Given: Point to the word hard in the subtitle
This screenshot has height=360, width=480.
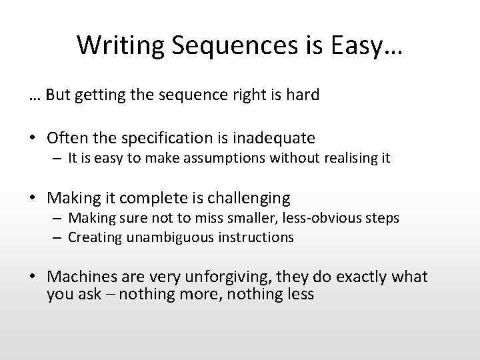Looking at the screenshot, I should (x=303, y=95).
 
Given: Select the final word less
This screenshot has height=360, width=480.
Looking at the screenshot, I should (x=299, y=294).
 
